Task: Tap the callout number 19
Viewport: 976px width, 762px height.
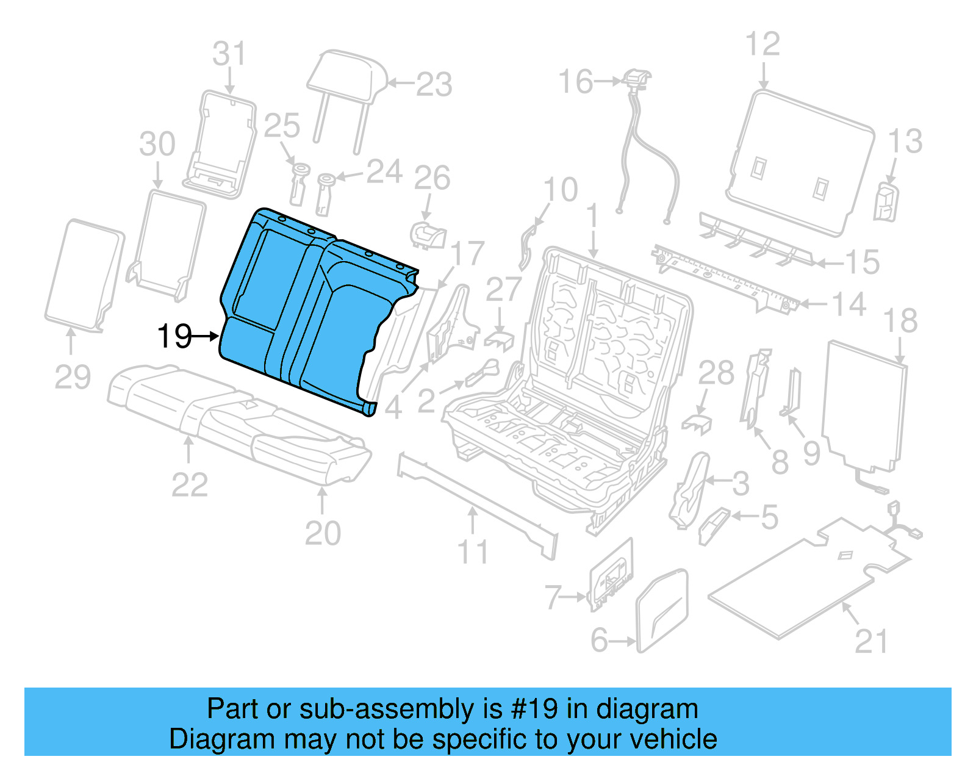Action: pyautogui.click(x=174, y=336)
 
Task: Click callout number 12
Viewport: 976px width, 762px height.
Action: pyautogui.click(x=762, y=45)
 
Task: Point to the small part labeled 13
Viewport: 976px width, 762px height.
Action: pyautogui.click(x=886, y=202)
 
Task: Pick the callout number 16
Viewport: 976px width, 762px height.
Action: pyautogui.click(x=575, y=81)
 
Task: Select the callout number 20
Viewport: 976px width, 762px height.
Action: pyautogui.click(x=323, y=534)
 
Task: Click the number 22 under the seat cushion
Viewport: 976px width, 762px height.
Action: pyautogui.click(x=190, y=485)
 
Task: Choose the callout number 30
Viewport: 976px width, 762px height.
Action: pyautogui.click(x=157, y=145)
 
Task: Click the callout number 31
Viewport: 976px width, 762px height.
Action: pyautogui.click(x=229, y=54)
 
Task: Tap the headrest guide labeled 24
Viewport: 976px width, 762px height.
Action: pyautogui.click(x=325, y=194)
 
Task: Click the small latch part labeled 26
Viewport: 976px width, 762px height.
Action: pyautogui.click(x=429, y=235)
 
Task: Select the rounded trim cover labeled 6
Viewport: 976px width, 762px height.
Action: pyautogui.click(x=662, y=610)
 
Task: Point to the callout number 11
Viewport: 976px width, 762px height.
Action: pyautogui.click(x=473, y=552)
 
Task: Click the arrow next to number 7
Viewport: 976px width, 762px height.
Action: pyautogui.click(x=575, y=597)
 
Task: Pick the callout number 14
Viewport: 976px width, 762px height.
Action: pyautogui.click(x=849, y=304)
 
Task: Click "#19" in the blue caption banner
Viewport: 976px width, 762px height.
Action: pyautogui.click(x=534, y=709)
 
